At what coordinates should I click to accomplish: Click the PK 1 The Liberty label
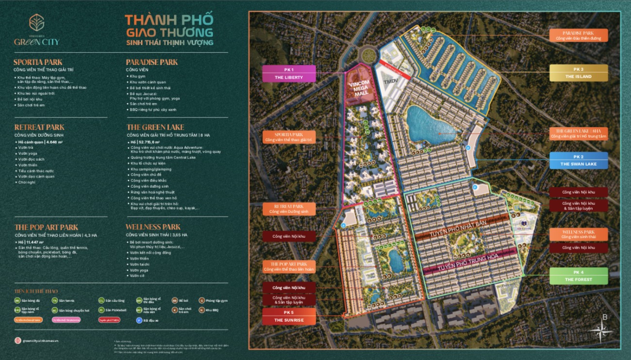289,73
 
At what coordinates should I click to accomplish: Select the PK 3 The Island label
578,73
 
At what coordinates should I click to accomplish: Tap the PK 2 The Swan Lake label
578,161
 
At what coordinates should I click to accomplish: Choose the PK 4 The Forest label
578,277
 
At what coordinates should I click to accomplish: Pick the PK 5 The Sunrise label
289,316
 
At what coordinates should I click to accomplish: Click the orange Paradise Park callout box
578,35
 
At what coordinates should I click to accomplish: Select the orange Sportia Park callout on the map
289,137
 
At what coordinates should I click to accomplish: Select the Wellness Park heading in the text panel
153,227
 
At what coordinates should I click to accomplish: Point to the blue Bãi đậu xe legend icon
139,320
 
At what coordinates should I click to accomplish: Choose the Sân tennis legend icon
55,301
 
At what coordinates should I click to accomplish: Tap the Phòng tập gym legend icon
201,301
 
